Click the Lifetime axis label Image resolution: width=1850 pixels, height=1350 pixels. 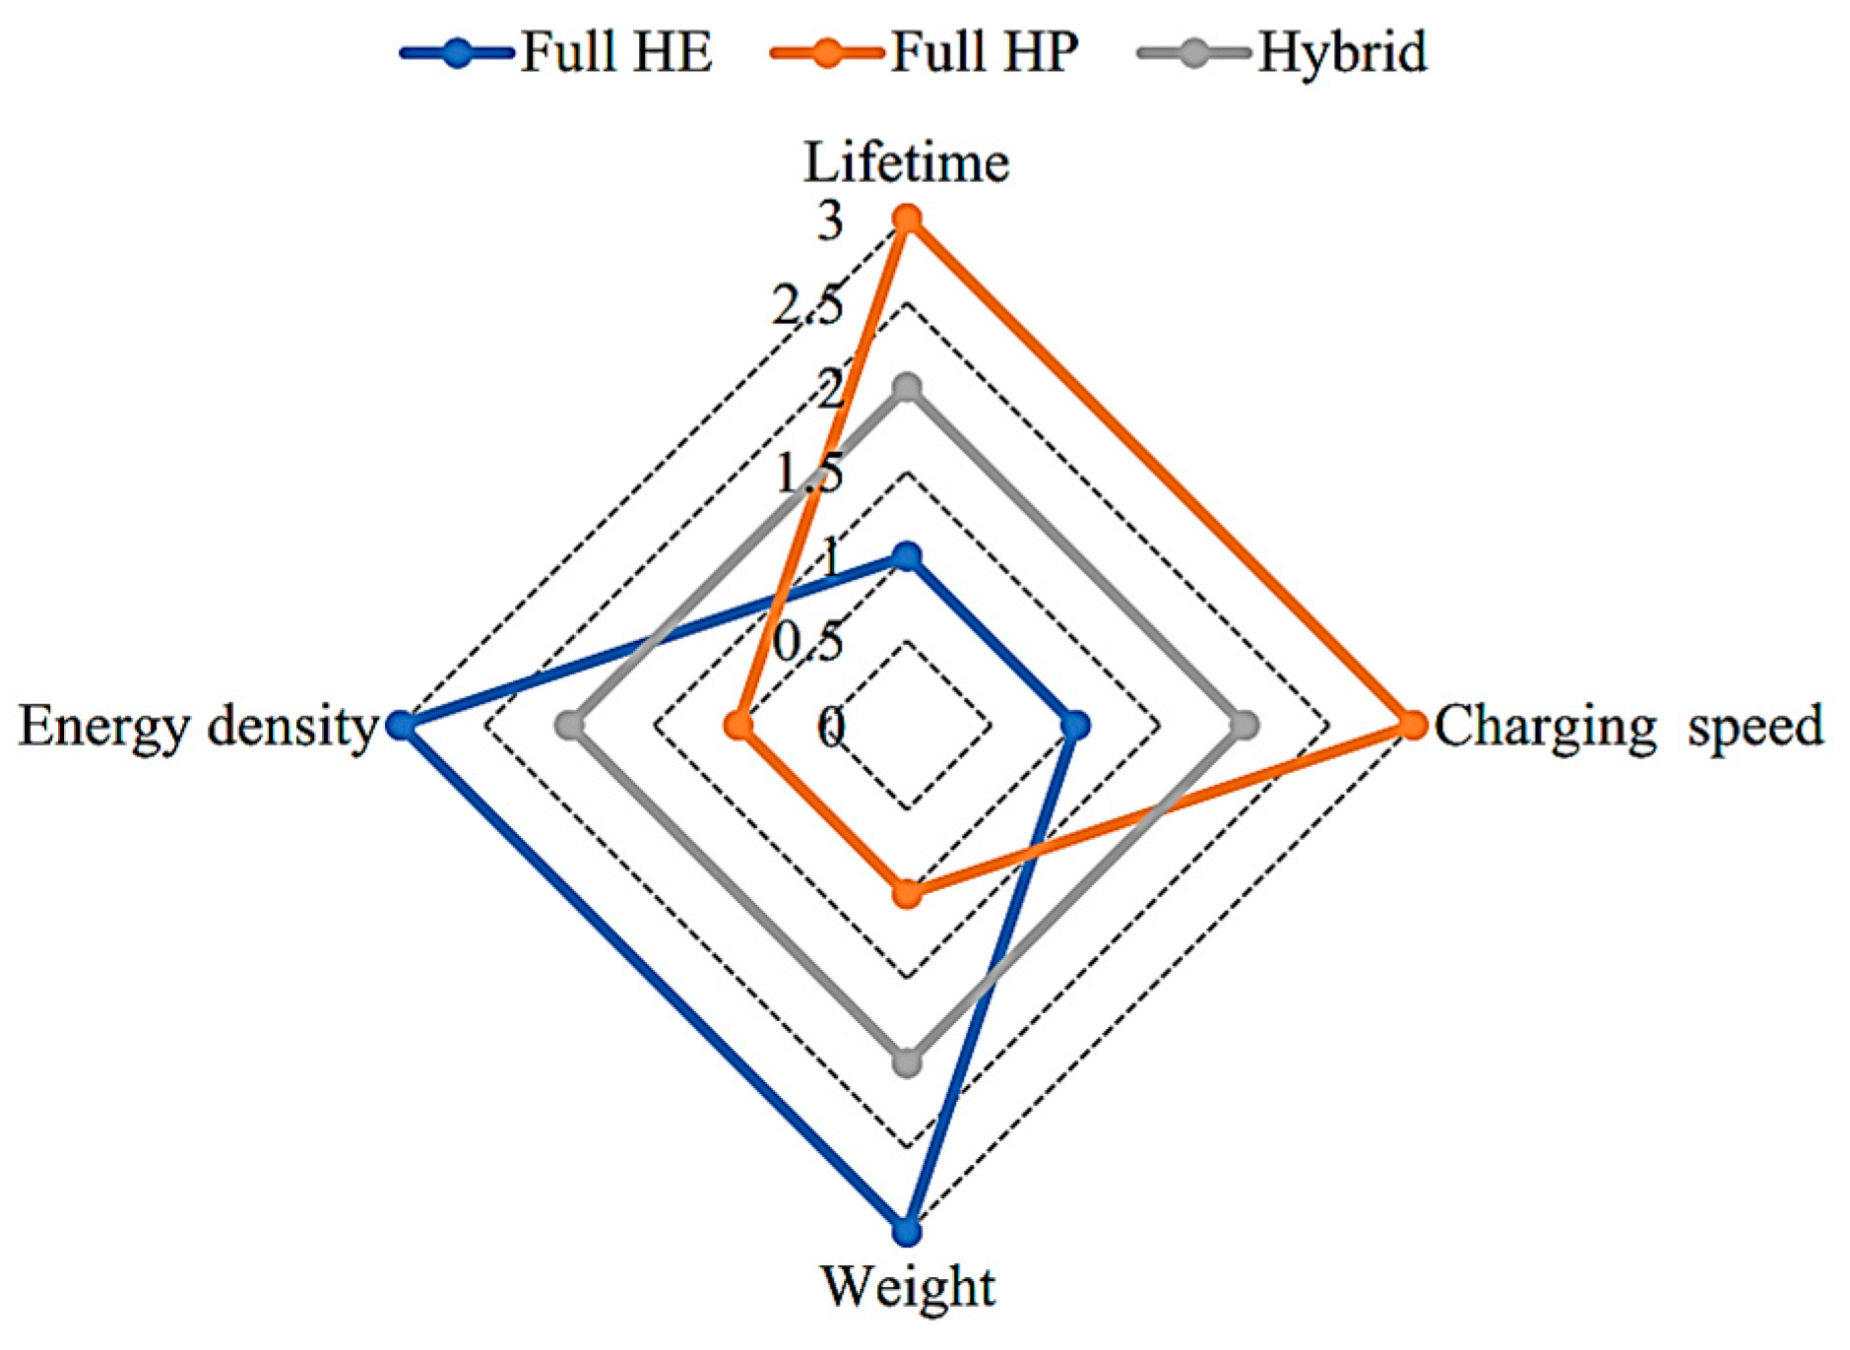pos(906,162)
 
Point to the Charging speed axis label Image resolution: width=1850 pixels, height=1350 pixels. pos(1627,727)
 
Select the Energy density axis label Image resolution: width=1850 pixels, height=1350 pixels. pos(198,727)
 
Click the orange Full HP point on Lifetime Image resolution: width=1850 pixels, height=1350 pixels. pos(907,219)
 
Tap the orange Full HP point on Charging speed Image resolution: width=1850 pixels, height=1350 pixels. pos(1413,726)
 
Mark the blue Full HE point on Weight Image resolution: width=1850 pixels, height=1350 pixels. pos(907,1232)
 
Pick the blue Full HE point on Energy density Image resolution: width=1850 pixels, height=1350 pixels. pos(401,726)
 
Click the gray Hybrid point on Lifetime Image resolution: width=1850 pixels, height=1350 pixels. pos(907,388)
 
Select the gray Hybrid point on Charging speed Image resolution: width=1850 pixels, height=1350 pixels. pos(1244,726)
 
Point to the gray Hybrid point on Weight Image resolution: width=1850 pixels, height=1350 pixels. pos(907,1063)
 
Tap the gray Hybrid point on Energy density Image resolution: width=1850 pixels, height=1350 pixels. pos(569,726)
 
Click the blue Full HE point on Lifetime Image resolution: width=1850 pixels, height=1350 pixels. pos(907,557)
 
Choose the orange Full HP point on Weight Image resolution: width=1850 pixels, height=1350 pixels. pos(907,894)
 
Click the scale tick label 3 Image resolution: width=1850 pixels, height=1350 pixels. pos(830,221)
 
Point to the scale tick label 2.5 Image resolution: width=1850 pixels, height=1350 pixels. pos(807,305)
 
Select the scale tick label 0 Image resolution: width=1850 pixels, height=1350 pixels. pos(831,728)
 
